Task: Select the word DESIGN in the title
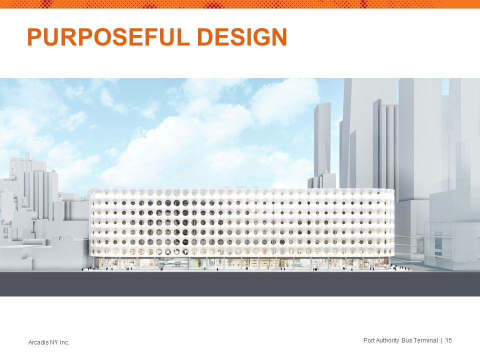tap(244, 37)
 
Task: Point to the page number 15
tap(448, 340)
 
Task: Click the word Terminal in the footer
tap(426, 340)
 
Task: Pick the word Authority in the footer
tap(388, 340)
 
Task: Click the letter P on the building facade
tap(159, 252)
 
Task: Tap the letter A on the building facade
tap(168, 252)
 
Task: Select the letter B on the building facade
tap(176, 252)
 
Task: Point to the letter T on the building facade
tap(185, 252)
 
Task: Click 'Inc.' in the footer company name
tap(65, 342)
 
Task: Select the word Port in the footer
tap(369, 340)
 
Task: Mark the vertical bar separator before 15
tap(441, 340)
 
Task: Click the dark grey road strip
tap(240, 284)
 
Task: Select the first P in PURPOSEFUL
tap(35, 37)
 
